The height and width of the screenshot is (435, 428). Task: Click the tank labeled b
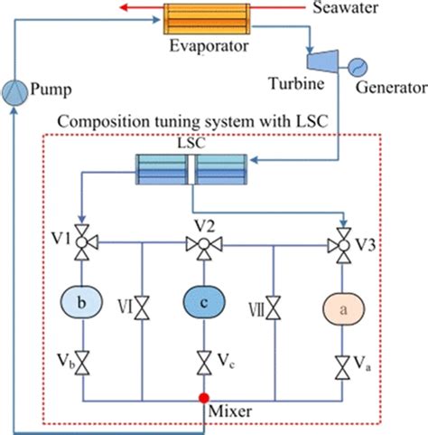coord(82,304)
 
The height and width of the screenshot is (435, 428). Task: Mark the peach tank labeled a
coord(341,308)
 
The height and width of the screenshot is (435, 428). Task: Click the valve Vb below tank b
coord(82,364)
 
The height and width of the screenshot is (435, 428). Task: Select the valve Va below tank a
coord(341,367)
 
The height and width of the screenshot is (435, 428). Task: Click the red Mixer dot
coord(204,398)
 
